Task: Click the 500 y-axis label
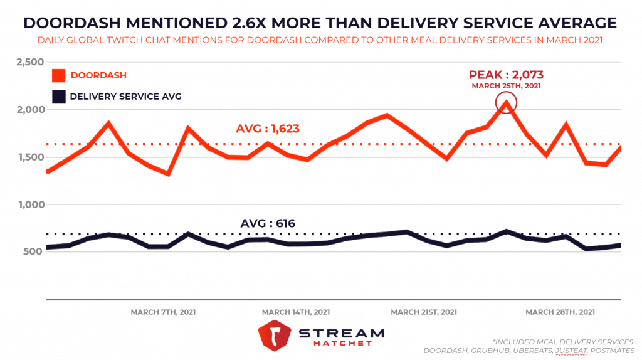click(x=33, y=252)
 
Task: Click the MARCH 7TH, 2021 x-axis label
click(x=163, y=312)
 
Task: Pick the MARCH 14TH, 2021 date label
click(x=296, y=312)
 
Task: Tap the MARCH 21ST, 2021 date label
click(x=424, y=312)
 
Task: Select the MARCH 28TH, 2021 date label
click(x=560, y=312)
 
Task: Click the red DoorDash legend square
click(x=58, y=75)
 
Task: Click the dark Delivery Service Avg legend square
click(x=58, y=97)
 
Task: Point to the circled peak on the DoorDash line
click(x=506, y=103)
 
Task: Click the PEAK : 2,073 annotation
click(x=505, y=75)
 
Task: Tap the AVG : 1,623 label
click(x=268, y=129)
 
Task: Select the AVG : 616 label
click(x=268, y=223)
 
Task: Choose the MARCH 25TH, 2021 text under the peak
click(x=506, y=86)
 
